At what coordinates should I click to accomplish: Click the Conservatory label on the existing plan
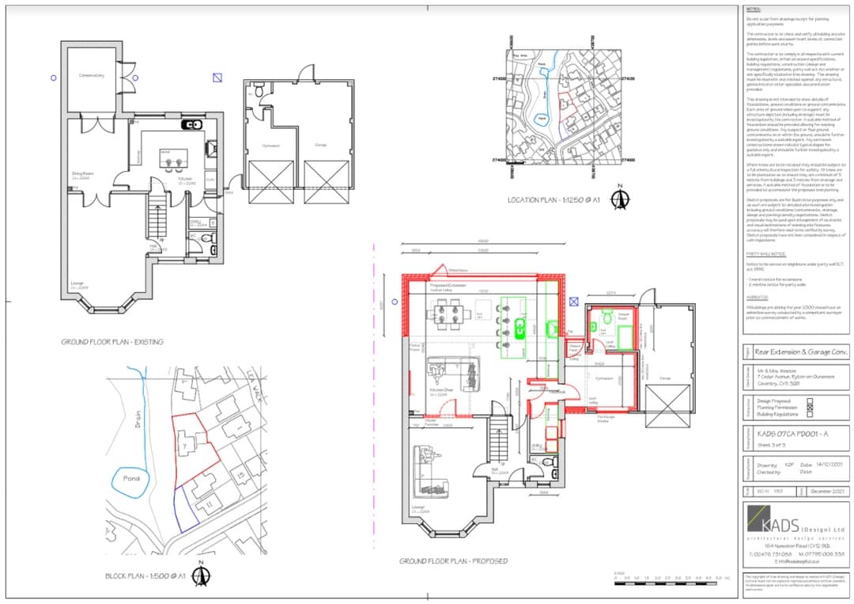click(x=91, y=76)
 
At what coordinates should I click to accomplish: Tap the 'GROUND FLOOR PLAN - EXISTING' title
click(x=112, y=342)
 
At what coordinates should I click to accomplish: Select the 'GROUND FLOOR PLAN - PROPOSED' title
click(x=453, y=561)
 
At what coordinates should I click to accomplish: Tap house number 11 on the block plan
click(x=209, y=503)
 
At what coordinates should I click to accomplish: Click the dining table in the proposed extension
click(x=448, y=316)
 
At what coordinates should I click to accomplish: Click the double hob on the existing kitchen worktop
click(x=192, y=125)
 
